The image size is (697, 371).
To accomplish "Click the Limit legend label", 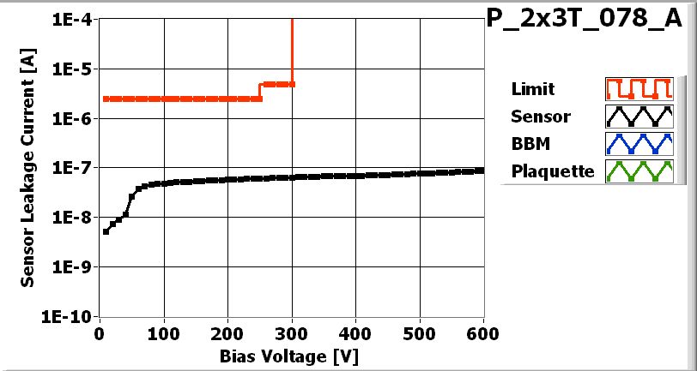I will coord(532,89).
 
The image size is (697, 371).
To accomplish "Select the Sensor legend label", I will coord(541,117).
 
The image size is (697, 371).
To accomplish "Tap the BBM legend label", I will coord(530,143).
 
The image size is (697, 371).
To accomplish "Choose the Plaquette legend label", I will coord(553,171).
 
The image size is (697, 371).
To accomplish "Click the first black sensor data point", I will coord(106,231).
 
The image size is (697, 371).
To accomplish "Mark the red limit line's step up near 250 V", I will coord(260,92).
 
